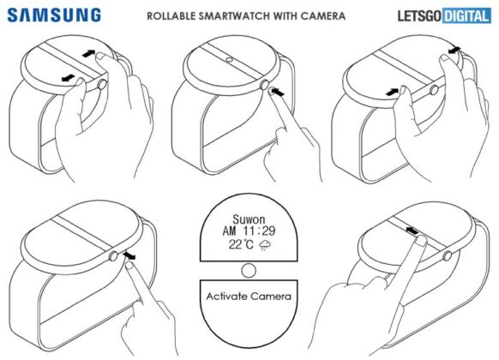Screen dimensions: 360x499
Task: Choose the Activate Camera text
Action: click(x=249, y=297)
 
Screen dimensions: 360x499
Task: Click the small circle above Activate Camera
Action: click(x=249, y=271)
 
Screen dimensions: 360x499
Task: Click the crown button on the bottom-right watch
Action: click(x=446, y=255)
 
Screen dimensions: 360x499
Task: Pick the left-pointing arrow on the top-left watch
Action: click(x=67, y=80)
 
